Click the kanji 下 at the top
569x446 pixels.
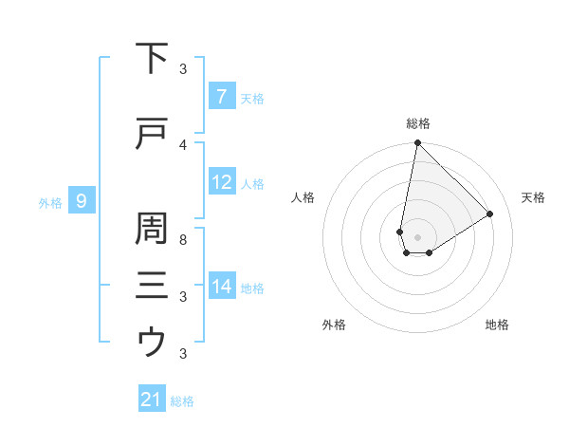coord(152,59)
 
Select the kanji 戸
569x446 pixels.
coord(152,135)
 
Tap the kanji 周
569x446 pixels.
coord(152,229)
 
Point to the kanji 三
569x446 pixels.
coord(152,285)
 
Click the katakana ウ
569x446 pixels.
coord(152,342)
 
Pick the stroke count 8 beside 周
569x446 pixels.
coord(183,239)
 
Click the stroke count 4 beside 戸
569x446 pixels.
coord(183,144)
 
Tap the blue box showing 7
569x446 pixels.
coord(221,96)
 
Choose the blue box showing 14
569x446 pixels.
coord(221,286)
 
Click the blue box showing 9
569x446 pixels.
coord(82,200)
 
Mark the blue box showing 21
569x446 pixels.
coord(151,400)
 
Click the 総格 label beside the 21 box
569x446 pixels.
coord(182,401)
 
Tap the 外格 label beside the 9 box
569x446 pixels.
coord(50,202)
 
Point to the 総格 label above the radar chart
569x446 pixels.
coord(418,123)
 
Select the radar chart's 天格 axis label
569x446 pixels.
coord(534,197)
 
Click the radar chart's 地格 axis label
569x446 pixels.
coord(497,325)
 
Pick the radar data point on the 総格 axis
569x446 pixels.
coord(417,143)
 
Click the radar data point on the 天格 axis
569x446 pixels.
coord(490,214)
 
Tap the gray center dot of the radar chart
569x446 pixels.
coord(417,236)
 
